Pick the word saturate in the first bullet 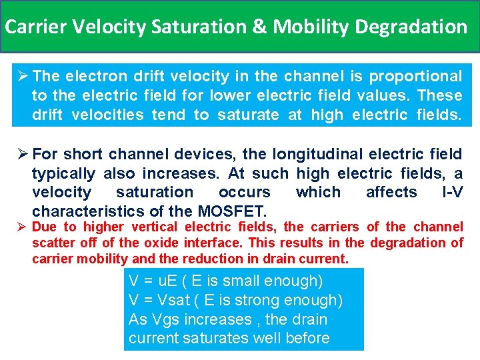(x=247, y=115)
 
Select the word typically (x=64, y=174)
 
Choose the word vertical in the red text (x=151, y=227)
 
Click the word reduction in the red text (x=221, y=259)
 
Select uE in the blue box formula (x=165, y=281)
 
